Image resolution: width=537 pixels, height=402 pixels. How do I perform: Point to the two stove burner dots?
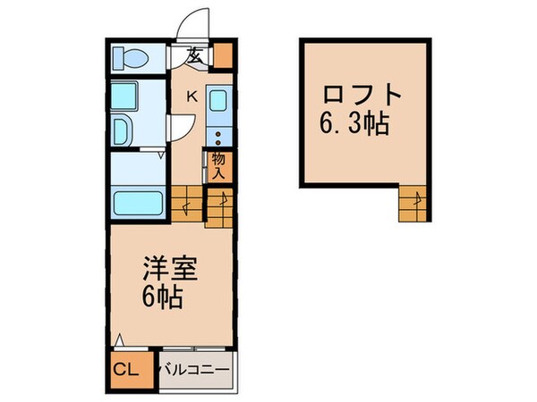pos(217,137)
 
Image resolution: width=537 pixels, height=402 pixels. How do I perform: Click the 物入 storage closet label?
pos(218,165)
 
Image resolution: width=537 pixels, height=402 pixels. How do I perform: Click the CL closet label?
pos(125,369)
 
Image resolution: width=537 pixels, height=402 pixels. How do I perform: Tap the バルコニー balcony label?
pos(194,369)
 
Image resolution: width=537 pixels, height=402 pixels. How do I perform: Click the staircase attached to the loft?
pos(414,204)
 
